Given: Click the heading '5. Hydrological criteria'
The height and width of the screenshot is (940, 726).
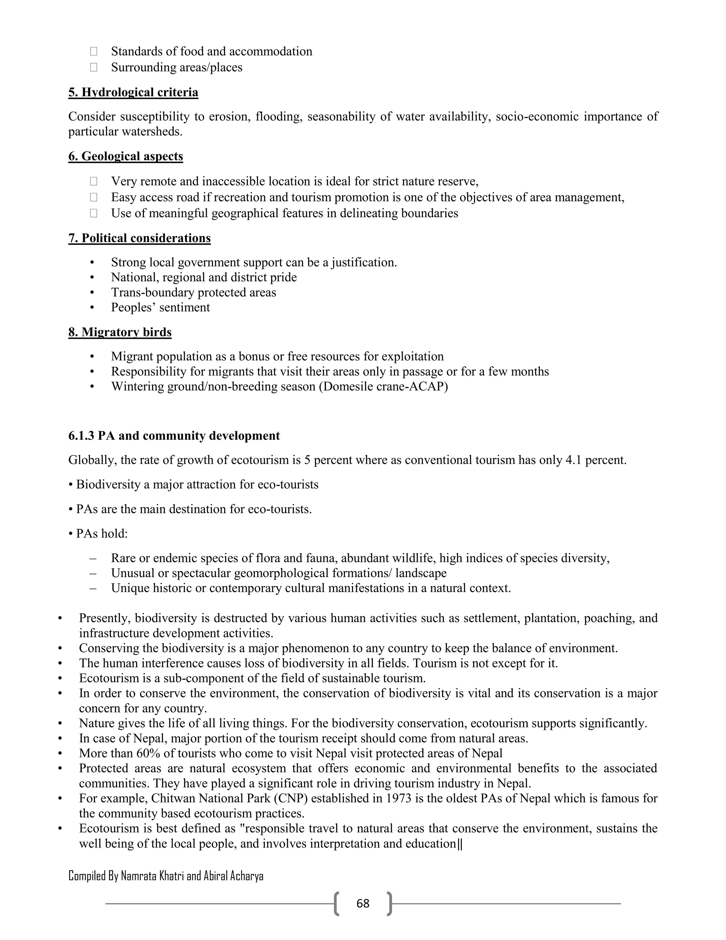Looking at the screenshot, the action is click(x=133, y=93).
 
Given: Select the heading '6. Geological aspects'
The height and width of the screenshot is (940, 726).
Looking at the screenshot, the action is click(x=125, y=156).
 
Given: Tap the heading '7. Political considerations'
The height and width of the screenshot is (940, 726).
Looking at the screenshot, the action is click(x=139, y=238).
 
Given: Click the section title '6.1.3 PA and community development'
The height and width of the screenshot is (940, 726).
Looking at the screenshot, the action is click(x=174, y=436).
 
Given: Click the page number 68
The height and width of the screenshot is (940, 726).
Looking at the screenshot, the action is click(x=363, y=903).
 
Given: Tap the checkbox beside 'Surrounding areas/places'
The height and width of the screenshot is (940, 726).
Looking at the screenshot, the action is click(x=93, y=67).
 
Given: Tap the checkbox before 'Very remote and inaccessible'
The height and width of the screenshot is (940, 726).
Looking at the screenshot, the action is click(x=93, y=182).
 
